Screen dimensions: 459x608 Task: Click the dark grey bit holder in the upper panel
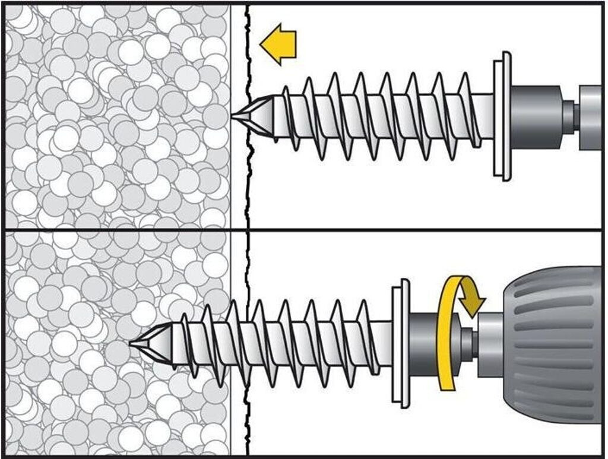(x=534, y=116)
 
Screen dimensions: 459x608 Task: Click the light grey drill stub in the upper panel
(x=591, y=116)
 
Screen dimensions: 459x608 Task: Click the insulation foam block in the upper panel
(x=113, y=119)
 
